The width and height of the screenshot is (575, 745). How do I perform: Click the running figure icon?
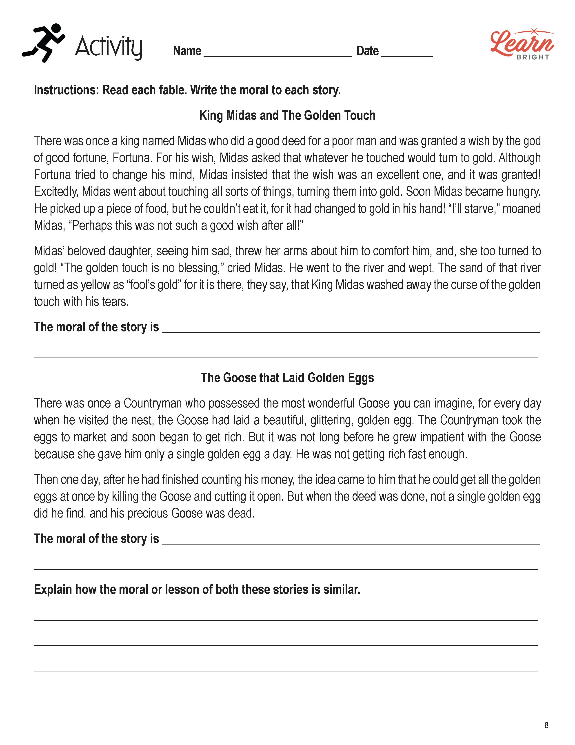pos(44,43)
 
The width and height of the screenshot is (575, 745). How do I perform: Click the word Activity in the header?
pos(108,47)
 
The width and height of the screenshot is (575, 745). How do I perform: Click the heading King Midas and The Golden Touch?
pos(287,115)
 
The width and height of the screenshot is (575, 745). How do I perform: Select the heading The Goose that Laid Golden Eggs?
pos(287,378)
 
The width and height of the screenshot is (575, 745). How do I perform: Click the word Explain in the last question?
pos(53,590)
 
